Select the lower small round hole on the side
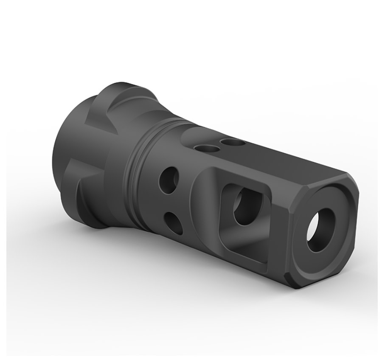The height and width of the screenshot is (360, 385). pyautogui.click(x=172, y=220)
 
